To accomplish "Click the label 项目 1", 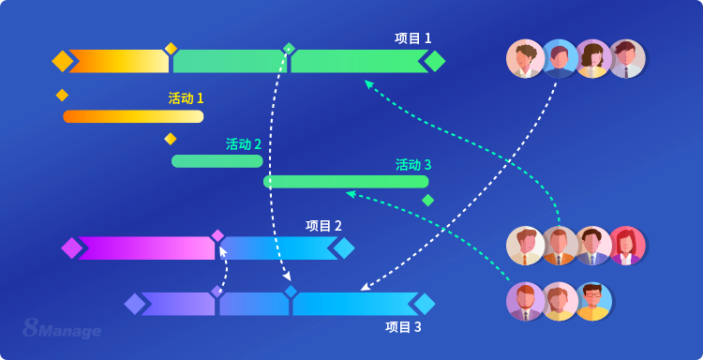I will click(412, 38).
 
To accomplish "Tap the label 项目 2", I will click(323, 226).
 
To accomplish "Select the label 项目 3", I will click(403, 327).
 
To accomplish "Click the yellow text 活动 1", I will click(186, 98).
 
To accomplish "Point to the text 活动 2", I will click(244, 144).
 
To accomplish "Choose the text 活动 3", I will click(413, 165).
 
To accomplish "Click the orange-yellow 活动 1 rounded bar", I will click(133, 116).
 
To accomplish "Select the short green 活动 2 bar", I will click(217, 161).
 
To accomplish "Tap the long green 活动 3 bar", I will click(346, 182).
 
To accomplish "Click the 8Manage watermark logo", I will click(62, 328).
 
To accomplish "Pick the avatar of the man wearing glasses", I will click(592, 302).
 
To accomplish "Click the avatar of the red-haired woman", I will click(626, 246).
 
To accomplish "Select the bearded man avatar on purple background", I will click(526, 302).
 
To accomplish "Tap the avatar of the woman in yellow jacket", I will click(592, 59).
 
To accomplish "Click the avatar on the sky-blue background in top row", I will click(560, 59).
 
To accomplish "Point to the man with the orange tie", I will click(560, 246).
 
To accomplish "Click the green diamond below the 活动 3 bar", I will click(427, 200).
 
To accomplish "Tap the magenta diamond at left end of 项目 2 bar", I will click(71, 247).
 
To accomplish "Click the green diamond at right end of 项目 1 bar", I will click(434, 61).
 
